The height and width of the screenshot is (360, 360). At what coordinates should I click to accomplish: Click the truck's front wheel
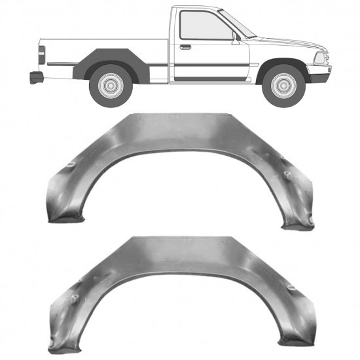[283, 84]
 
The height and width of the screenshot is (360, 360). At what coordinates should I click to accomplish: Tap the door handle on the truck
[186, 47]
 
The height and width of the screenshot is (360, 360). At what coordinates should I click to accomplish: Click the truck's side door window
[203, 27]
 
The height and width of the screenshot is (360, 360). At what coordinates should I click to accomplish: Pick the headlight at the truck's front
[320, 58]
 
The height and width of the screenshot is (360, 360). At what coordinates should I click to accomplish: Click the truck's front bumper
[319, 77]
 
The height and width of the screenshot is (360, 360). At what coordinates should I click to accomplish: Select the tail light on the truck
[41, 55]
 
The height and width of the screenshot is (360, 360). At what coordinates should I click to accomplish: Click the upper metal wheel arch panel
[177, 141]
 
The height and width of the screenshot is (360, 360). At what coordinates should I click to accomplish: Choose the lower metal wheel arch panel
[177, 262]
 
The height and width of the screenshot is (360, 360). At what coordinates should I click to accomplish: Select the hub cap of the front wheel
[283, 84]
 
